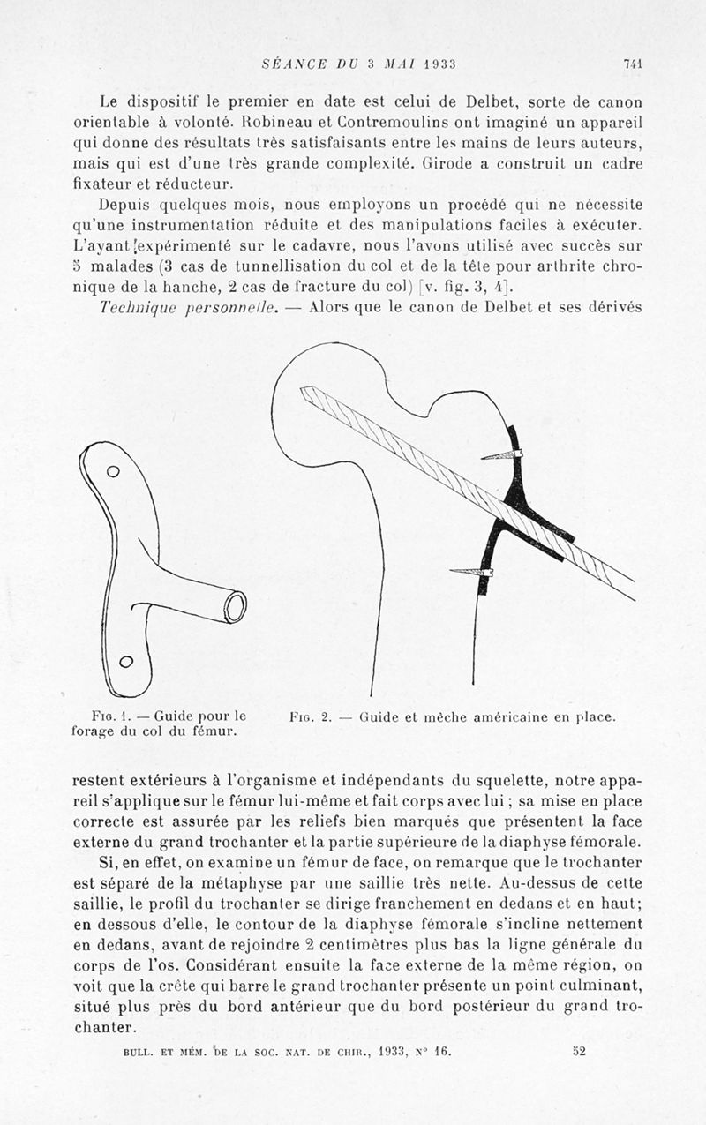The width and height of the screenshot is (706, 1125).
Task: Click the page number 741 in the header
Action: pyautogui.click(x=631, y=64)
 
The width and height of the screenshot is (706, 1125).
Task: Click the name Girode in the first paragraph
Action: pyautogui.click(x=452, y=163)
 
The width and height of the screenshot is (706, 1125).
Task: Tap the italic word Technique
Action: pyautogui.click(x=138, y=306)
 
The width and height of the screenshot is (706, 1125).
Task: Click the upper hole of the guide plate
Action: pyautogui.click(x=113, y=471)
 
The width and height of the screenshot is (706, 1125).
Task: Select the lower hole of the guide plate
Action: pyautogui.click(x=125, y=661)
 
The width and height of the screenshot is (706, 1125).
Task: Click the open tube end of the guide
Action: pyautogui.click(x=235, y=607)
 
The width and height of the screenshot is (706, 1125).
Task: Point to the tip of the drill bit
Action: pyautogui.click(x=304, y=391)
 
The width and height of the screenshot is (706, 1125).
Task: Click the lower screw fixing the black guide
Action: pyautogui.click(x=472, y=573)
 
